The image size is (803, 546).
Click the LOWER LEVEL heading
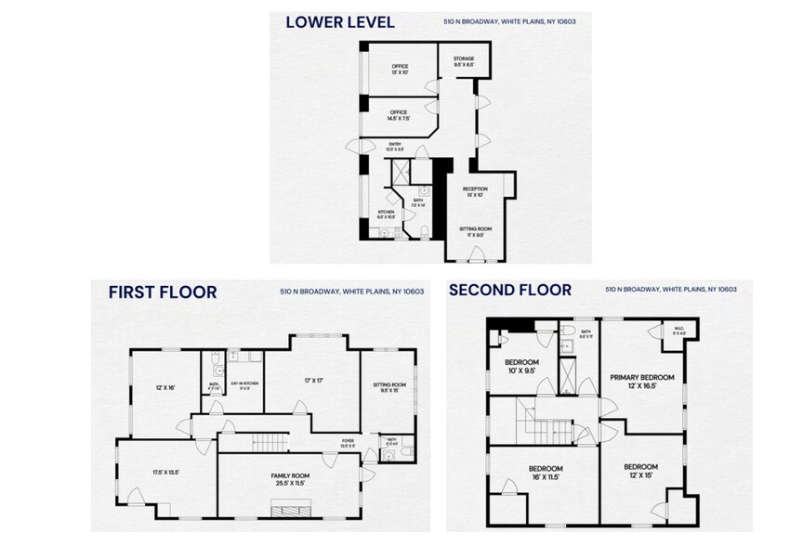pyautogui.click(x=339, y=21)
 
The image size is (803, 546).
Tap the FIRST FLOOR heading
pyautogui.click(x=163, y=292)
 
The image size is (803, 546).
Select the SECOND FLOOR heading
pyautogui.click(x=509, y=290)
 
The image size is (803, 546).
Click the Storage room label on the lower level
pyautogui.click(x=463, y=63)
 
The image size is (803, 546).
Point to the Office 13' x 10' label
pyautogui.click(x=400, y=70)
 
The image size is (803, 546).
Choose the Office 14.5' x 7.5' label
pyautogui.click(x=399, y=115)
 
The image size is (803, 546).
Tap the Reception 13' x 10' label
pyautogui.click(x=475, y=191)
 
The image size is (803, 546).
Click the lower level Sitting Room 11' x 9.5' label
pyautogui.click(x=475, y=231)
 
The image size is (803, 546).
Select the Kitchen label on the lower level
pyautogui.click(x=387, y=215)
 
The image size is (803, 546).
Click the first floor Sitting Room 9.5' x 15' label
pyautogui.click(x=389, y=387)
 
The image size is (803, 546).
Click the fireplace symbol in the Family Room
pyautogui.click(x=287, y=510)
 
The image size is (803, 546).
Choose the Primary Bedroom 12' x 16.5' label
pyautogui.click(x=642, y=381)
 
